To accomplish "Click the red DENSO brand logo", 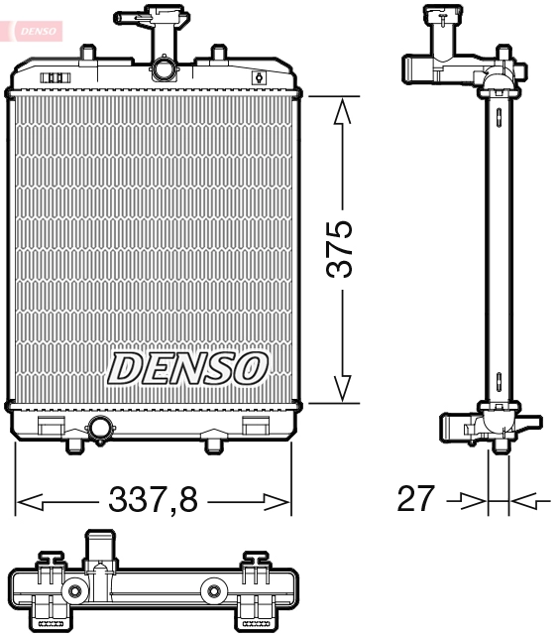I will coord(35,32).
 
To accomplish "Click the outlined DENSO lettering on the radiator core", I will coord(187,368).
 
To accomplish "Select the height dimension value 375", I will coord(341,250).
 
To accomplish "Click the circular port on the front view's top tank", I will coord(163,68).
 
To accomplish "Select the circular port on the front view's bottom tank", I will coord(100,429).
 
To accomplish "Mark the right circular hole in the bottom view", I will coord(211,593).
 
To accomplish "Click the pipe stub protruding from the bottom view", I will coord(100,549).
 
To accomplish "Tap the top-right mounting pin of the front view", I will coord(217,52).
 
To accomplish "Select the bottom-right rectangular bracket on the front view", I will coord(256,426).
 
